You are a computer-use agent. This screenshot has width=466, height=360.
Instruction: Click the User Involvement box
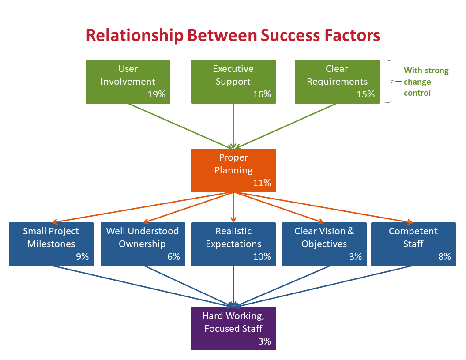coord(128,82)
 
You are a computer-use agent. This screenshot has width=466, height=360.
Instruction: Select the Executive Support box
coord(233,82)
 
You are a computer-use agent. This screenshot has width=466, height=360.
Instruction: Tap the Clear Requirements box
coord(337,82)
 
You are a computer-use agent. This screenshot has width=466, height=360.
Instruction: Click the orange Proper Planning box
coord(233,170)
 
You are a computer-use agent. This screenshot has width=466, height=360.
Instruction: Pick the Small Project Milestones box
coord(51,244)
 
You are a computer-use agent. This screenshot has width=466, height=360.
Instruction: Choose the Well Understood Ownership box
coord(143,244)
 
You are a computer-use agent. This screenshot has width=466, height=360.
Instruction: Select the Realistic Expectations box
coord(233,244)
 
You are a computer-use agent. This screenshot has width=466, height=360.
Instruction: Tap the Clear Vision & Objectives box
coord(324,244)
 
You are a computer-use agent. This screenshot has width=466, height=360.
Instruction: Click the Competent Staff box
coord(413,244)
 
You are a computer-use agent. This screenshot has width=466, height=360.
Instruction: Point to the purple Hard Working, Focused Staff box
coord(233,329)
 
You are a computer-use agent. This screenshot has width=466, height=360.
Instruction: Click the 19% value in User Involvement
coord(157,94)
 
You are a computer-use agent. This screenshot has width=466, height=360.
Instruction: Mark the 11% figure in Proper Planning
coord(262,183)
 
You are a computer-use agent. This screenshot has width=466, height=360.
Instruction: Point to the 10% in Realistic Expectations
coord(262,257)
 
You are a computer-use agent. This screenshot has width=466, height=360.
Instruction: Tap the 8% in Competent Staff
coord(445,257)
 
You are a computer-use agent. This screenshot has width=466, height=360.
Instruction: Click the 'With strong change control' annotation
coord(426,82)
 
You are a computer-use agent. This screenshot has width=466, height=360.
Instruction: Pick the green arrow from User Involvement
coord(180,126)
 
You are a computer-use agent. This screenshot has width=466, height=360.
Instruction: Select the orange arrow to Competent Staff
coord(323,208)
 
